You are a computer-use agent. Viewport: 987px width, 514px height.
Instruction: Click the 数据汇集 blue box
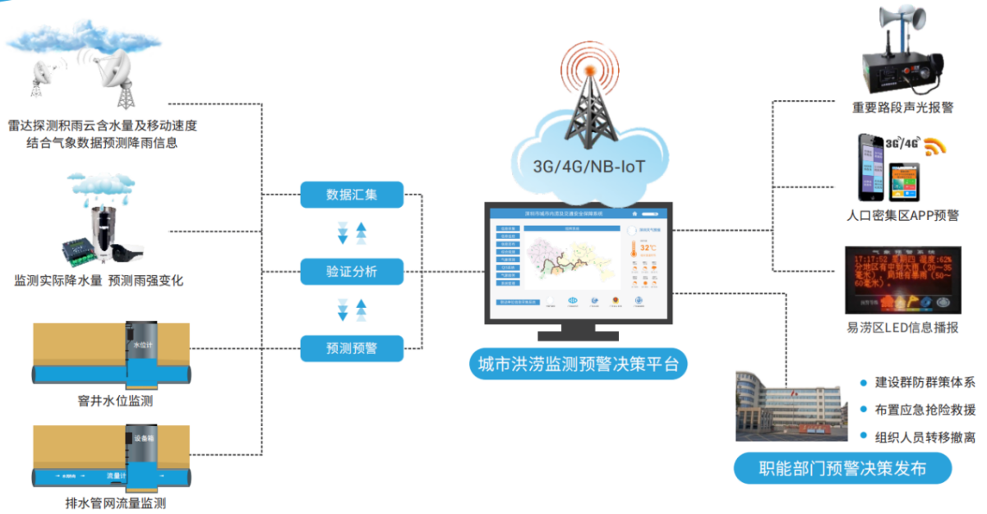(352, 195)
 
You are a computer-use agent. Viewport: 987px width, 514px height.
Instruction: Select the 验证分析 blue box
(352, 272)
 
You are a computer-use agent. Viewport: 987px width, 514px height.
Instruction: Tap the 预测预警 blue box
(352, 348)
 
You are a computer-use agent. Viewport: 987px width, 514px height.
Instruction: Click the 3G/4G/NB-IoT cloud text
(589, 168)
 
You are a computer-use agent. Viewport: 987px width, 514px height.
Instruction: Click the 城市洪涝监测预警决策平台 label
(579, 365)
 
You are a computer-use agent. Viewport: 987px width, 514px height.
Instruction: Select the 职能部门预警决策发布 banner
(842, 470)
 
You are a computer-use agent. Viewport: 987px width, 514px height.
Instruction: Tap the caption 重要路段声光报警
(902, 108)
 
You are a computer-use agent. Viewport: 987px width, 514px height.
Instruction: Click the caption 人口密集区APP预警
(902, 216)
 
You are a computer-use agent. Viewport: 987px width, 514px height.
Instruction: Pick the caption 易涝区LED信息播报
(902, 328)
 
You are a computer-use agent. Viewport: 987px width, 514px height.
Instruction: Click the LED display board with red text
(903, 279)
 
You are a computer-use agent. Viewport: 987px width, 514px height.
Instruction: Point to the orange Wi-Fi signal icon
(935, 147)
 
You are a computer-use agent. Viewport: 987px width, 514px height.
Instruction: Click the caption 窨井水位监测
(113, 402)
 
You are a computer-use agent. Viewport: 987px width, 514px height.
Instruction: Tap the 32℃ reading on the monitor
(648, 247)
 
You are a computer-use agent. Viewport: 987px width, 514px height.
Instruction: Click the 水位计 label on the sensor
(142, 345)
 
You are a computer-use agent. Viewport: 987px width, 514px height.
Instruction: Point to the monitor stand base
(579, 336)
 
